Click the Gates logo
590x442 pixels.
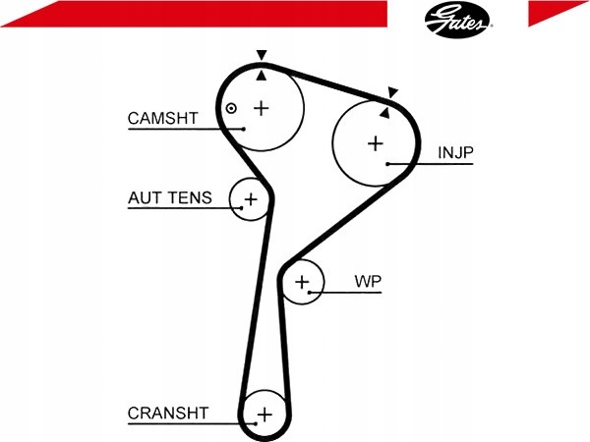tap(458, 20)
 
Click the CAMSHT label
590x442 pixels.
tap(162, 119)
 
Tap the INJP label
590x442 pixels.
tap(455, 152)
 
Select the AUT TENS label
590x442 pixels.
tap(170, 197)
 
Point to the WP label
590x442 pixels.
tap(368, 281)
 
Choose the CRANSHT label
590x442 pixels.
tap(168, 414)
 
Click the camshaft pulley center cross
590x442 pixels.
tap(262, 109)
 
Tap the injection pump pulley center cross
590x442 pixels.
tap(376, 143)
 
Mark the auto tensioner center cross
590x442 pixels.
tap(251, 198)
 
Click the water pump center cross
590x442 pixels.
tap(302, 282)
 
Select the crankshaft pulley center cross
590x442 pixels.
tap(265, 414)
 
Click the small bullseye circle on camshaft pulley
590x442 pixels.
tap(231, 109)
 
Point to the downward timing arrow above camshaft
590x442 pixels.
tap(262, 55)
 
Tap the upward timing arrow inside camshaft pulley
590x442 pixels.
tap(262, 76)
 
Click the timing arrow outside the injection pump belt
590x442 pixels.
tap(392, 92)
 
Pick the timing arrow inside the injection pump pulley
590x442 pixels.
tap(384, 113)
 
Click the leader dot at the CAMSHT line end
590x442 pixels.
tap(244, 129)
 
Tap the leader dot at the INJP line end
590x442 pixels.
tap(387, 164)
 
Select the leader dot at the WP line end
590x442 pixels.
tap(309, 292)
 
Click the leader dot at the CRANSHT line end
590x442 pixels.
tap(256, 424)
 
